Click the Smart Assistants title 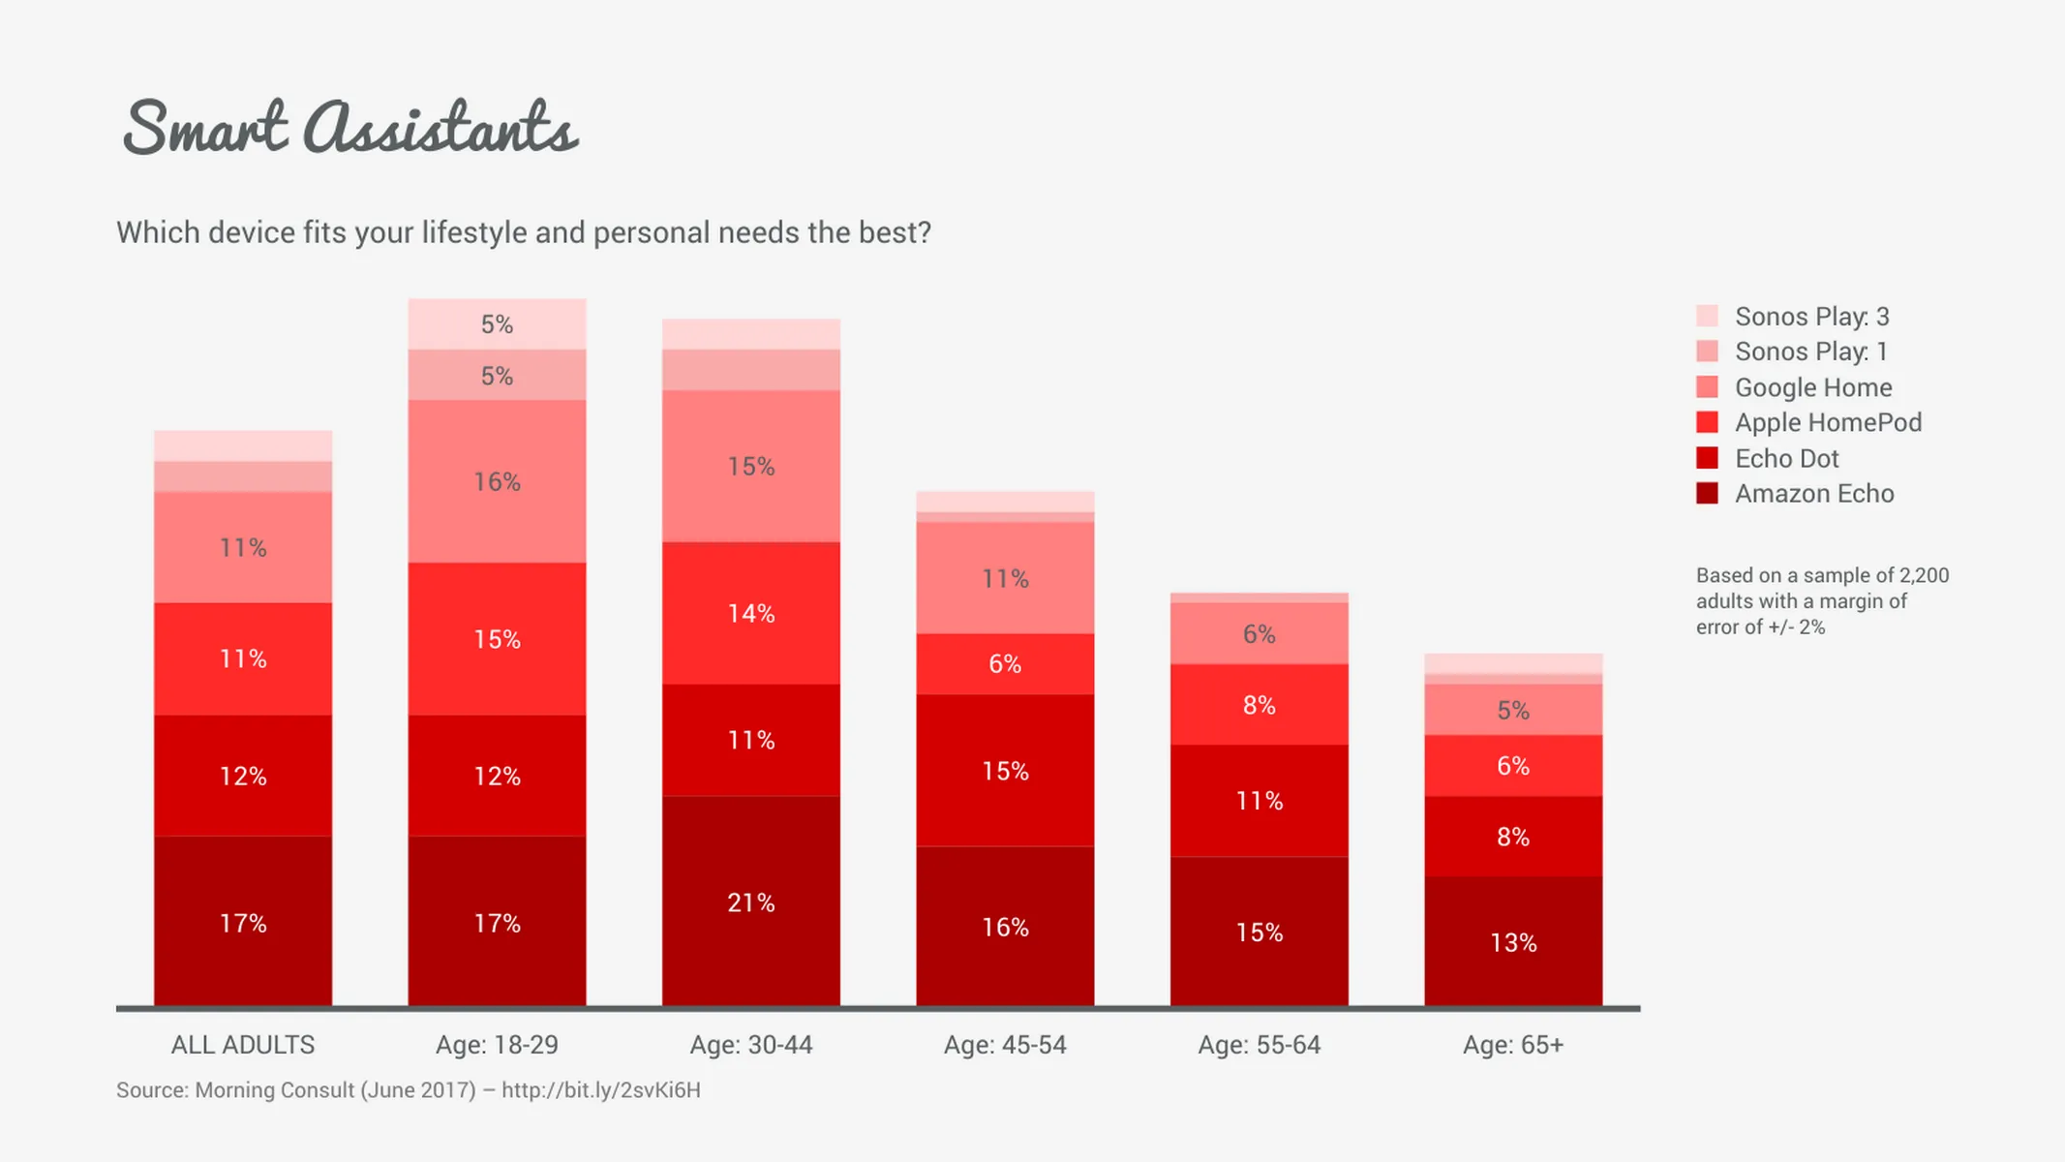(350, 128)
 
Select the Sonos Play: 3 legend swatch (1707, 316)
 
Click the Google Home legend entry (1812, 387)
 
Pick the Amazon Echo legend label (1813, 494)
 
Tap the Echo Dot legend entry (1786, 458)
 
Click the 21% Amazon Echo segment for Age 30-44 (751, 902)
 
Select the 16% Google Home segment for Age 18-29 (497, 481)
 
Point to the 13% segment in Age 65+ (1513, 942)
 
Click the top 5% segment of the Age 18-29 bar (497, 324)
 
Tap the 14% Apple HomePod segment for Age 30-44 (751, 613)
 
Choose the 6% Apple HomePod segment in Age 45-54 (1005, 664)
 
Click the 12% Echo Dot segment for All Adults (243, 776)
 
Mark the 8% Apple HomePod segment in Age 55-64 (1259, 705)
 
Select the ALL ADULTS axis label (243, 1045)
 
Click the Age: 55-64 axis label (1259, 1045)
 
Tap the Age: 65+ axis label (1513, 1045)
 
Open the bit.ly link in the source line (600, 1090)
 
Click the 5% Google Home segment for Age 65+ (1513, 710)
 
